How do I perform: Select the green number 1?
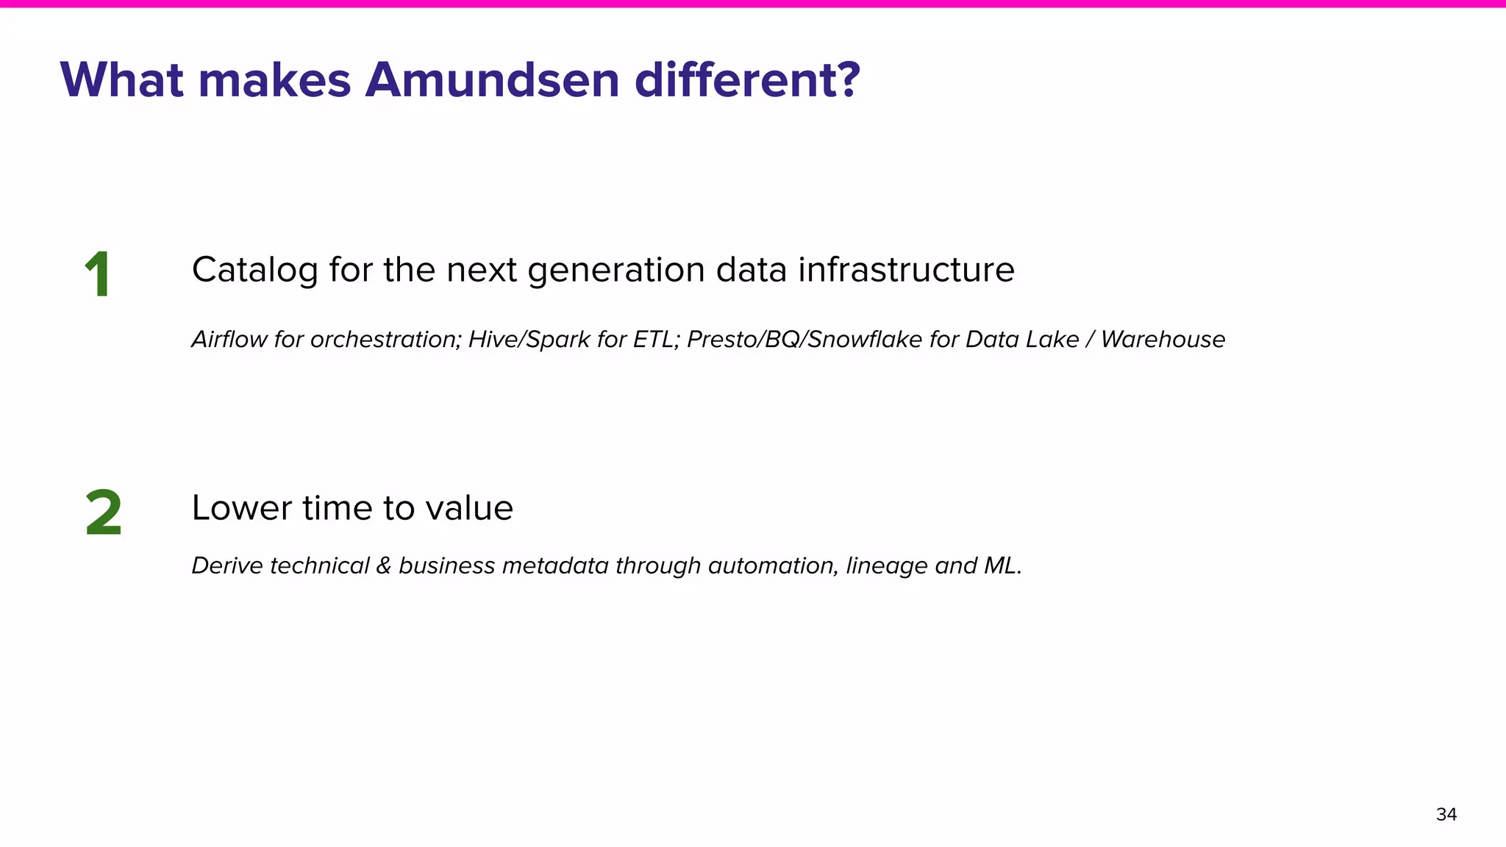coord(98,274)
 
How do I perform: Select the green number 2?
coord(103,513)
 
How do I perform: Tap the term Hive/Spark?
coord(529,339)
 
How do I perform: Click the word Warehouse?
coord(1163,339)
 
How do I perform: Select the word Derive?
coord(227,565)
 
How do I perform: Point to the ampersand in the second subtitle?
coord(384,565)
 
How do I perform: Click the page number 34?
coord(1446,815)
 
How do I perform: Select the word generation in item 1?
coord(616,270)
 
